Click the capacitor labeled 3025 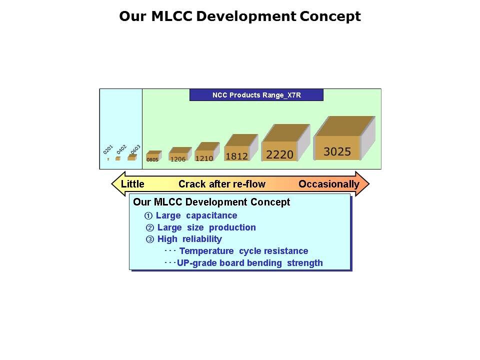[x=344, y=138]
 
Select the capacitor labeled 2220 [x=285, y=142]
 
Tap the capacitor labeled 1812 [x=241, y=147]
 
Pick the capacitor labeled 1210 [x=207, y=152]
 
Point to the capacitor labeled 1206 [x=180, y=154]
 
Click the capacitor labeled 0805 [x=153, y=156]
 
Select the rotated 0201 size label [x=108, y=149]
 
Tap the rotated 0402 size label [x=121, y=149]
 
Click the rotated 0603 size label [x=135, y=149]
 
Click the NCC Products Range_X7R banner [x=256, y=95]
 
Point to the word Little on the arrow [x=132, y=184]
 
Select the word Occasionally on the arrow [x=329, y=184]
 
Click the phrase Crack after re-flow [x=222, y=184]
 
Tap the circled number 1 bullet [x=148, y=216]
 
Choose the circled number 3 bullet [x=149, y=239]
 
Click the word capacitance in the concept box [x=211, y=215]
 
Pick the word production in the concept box [x=232, y=227]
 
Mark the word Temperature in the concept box [x=206, y=251]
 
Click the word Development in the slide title [x=246, y=16]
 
